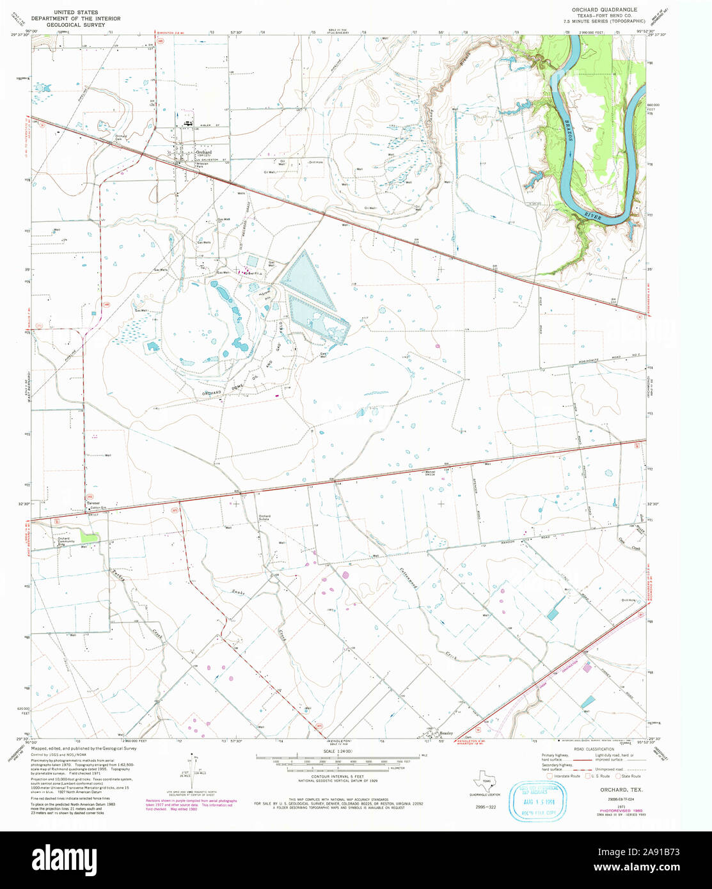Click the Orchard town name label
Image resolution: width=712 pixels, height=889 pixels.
click(x=203, y=153)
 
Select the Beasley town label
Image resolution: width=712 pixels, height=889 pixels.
click(x=446, y=733)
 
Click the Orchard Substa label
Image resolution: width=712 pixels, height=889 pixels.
click(x=264, y=517)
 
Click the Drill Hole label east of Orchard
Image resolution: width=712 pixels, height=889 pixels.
click(x=315, y=162)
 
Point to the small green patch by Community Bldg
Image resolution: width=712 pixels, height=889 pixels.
click(x=90, y=539)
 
